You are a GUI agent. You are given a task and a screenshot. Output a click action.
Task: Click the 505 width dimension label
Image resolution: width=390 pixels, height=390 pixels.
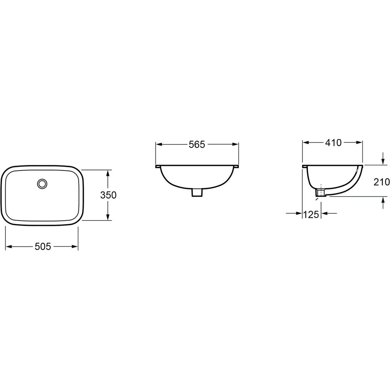(43, 246)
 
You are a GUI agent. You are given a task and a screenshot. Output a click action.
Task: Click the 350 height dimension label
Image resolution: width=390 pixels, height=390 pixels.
(108, 195)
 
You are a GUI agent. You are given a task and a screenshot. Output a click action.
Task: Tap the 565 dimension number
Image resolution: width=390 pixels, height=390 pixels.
(197, 144)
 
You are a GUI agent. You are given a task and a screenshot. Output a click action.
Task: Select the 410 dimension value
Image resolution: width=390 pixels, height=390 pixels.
(333, 143)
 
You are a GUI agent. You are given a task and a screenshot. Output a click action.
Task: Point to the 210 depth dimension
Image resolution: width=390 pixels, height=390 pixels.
(382, 182)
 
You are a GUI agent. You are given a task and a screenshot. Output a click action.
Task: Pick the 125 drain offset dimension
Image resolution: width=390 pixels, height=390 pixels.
(311, 214)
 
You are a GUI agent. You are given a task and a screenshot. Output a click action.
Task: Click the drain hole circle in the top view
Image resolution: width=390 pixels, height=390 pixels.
(42, 184)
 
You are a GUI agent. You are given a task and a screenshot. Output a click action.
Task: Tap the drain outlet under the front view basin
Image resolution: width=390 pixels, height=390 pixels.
(197, 193)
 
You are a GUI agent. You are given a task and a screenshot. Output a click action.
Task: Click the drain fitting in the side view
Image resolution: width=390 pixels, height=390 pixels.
(321, 193)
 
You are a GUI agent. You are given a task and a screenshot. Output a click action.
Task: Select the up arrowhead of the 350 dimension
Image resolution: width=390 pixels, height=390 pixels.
(108, 173)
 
